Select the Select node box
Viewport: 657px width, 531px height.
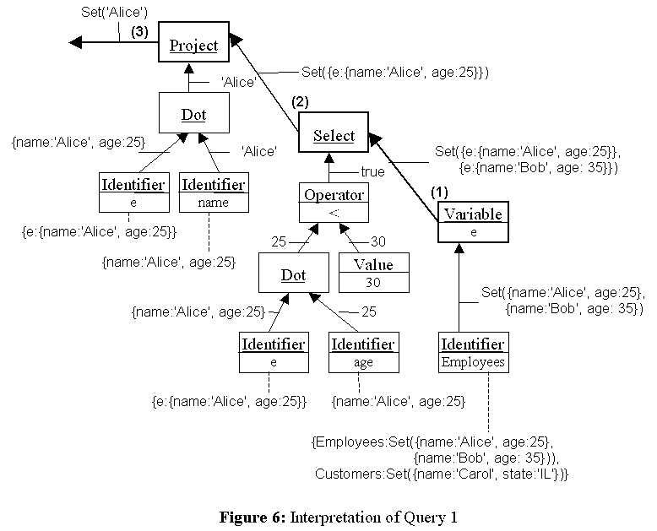point(334,135)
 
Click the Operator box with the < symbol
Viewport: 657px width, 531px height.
point(334,203)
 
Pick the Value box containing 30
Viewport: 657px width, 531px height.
point(373,273)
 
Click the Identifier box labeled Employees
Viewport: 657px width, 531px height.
point(473,352)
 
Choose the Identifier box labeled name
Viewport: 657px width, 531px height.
point(214,192)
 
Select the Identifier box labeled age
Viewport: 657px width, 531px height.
point(362,352)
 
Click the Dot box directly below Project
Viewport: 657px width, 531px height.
point(193,114)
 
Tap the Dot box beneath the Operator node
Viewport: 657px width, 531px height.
point(293,275)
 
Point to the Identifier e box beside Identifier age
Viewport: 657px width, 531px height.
point(272,352)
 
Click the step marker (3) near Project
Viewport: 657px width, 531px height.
point(139,31)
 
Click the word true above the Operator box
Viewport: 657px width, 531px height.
point(372,171)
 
